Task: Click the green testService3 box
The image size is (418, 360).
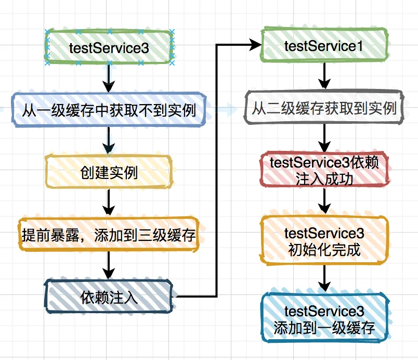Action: pos(109,47)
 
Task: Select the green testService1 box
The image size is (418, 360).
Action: pos(323,46)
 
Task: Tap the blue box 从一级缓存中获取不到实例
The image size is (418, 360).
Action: pos(109,109)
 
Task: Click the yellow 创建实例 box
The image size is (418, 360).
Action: pos(109,172)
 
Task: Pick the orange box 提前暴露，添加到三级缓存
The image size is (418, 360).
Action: pos(109,235)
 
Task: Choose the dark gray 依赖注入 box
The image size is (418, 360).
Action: pos(109,297)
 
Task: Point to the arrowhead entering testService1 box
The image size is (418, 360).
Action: pos(255,46)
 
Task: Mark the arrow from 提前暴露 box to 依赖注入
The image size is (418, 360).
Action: pos(109,266)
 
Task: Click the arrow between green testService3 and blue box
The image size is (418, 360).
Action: pos(109,78)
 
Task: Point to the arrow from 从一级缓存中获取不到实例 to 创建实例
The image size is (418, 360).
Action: pos(109,140)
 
